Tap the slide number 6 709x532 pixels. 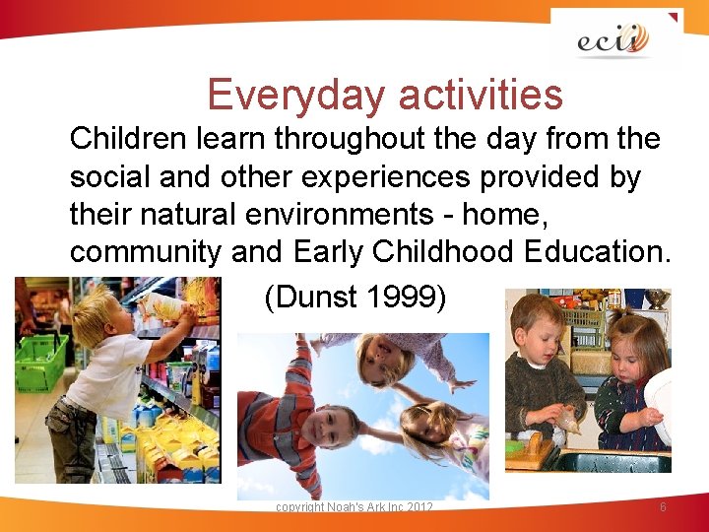pyautogui.click(x=663, y=506)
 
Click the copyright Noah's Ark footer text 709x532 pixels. pyautogui.click(x=354, y=506)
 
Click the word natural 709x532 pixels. pyautogui.click(x=172, y=215)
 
